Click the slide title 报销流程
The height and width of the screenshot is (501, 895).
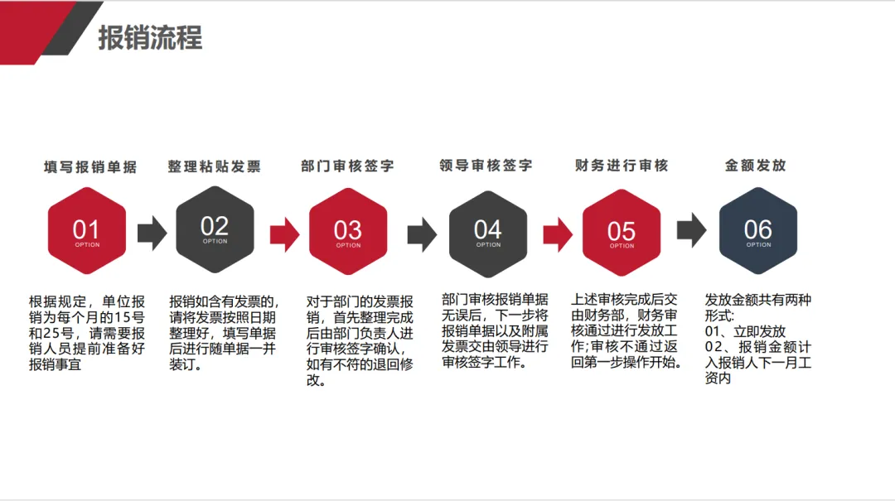[x=150, y=38]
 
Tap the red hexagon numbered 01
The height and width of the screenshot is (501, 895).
[x=86, y=231]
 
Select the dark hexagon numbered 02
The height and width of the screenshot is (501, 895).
[x=215, y=229]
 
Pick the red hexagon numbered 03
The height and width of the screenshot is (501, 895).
[x=348, y=231]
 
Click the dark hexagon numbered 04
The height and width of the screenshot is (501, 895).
[x=488, y=231]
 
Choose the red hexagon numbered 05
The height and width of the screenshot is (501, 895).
[x=622, y=232]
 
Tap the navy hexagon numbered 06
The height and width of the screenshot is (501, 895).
[x=757, y=231]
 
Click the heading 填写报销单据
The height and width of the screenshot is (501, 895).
[x=90, y=166]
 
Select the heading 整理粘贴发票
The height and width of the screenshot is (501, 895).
[x=214, y=166]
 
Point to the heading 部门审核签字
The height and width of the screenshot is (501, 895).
[x=347, y=166]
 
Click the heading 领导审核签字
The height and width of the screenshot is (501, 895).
[x=486, y=166]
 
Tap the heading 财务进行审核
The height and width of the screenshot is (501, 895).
[x=622, y=166]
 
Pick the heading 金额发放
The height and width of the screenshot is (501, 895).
[x=755, y=166]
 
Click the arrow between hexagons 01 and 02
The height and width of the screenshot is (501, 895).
[x=152, y=233]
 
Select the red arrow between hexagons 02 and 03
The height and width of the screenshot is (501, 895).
[x=284, y=233]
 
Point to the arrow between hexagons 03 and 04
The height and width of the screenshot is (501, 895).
[x=422, y=233]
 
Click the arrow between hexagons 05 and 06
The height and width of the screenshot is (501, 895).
[x=691, y=231]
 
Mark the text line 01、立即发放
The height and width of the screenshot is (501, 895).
[x=745, y=331]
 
